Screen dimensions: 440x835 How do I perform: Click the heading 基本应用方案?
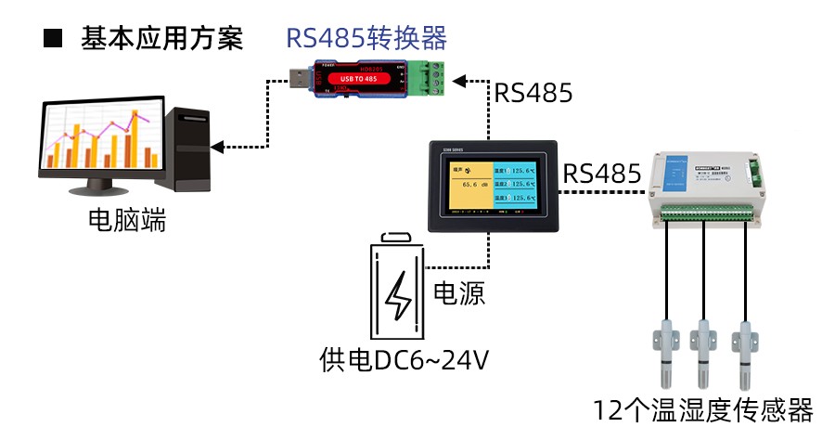tap(161, 38)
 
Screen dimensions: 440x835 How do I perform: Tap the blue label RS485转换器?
tap(366, 38)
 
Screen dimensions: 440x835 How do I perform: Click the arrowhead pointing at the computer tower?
tap(219, 147)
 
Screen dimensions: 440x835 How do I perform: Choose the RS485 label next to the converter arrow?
tap(533, 93)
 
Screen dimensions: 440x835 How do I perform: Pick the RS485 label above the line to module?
tap(603, 174)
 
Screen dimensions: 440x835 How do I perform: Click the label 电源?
tap(460, 293)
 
